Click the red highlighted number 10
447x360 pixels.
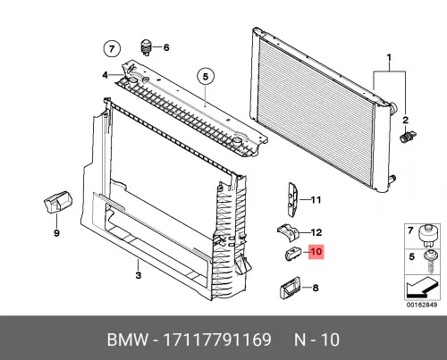pos(316,252)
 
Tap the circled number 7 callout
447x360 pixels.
pos(112,48)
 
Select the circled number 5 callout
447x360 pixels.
pos(206,77)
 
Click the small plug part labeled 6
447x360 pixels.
pos(146,47)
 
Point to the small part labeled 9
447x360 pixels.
pos(58,202)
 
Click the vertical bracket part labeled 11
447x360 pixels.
pos(292,199)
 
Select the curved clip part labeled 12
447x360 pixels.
pos(288,232)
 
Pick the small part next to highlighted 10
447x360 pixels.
pos(292,254)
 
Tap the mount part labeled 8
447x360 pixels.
pos(290,289)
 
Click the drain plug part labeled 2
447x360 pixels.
pos(408,137)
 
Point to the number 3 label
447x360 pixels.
pos(139,275)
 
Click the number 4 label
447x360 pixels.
pos(105,75)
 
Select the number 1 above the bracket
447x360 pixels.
pos(389,57)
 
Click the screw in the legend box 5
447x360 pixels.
pos(430,262)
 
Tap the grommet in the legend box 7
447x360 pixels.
pos(428,236)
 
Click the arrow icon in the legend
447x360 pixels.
pos(422,288)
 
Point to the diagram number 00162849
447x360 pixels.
pos(422,305)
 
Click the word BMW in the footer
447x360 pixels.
pos(128,339)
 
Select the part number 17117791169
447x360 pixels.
pos(217,339)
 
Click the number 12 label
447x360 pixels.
pos(316,232)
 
